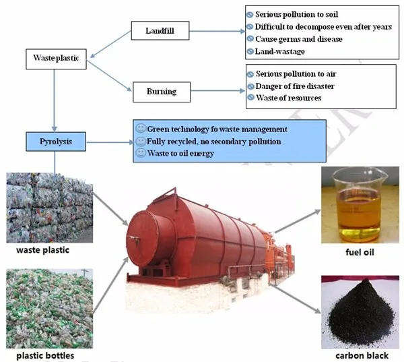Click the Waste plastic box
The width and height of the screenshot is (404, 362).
point(57,59)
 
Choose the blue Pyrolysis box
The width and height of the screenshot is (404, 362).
point(57,142)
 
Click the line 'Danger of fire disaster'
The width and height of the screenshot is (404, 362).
point(295,85)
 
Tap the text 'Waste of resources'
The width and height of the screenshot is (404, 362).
point(288,98)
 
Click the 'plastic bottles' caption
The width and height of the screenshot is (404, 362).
point(46,355)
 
